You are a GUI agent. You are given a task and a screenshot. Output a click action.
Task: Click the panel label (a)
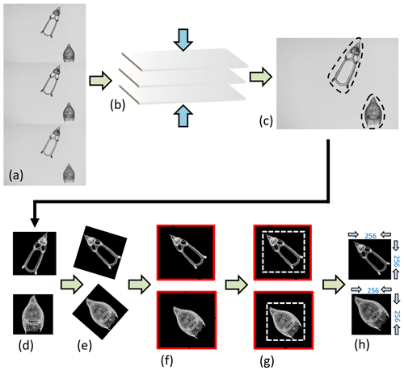pyautogui.click(x=16, y=175)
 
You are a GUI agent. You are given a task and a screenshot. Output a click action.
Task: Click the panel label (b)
pyautogui.click(x=117, y=105)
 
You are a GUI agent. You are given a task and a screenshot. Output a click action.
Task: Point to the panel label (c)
pyautogui.click(x=266, y=121)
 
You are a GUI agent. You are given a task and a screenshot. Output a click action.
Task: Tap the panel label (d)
pyautogui.click(x=26, y=346)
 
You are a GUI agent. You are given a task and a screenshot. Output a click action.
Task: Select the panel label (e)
pyautogui.click(x=85, y=346)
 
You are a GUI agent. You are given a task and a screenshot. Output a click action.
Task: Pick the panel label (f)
pyautogui.click(x=167, y=360)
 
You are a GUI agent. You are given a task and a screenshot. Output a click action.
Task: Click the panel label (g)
pyautogui.click(x=267, y=361)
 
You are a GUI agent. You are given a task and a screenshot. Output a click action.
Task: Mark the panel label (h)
pyautogui.click(x=361, y=344)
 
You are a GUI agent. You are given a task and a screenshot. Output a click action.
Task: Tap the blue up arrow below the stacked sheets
pyautogui.click(x=183, y=116)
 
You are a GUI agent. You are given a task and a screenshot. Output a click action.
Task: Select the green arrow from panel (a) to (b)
pyautogui.click(x=100, y=80)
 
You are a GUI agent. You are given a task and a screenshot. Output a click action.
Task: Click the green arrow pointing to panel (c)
pyautogui.click(x=261, y=77)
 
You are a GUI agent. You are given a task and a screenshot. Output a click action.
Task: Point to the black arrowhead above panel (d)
pyautogui.click(x=35, y=222)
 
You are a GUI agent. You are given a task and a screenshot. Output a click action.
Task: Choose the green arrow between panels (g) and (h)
pyautogui.click(x=334, y=285)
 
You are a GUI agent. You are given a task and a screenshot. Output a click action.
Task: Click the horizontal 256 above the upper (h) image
pyautogui.click(x=370, y=236)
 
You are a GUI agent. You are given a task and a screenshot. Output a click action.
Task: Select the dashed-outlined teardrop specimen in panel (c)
pyautogui.click(x=373, y=112)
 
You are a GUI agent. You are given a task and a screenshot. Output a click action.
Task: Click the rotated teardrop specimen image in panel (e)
pyautogui.click(x=100, y=312)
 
